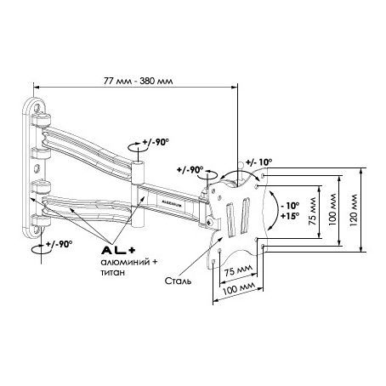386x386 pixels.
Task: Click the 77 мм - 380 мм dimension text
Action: [x=138, y=81]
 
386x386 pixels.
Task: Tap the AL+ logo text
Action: [x=118, y=250]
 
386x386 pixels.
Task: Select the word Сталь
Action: [x=178, y=281]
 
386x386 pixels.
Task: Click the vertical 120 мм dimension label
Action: [x=353, y=210]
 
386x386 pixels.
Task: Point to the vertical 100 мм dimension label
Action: [x=332, y=210]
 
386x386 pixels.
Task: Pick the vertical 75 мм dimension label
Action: [x=312, y=211]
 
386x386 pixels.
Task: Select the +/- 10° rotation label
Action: [x=258, y=162]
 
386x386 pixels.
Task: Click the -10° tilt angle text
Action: [x=289, y=205]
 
